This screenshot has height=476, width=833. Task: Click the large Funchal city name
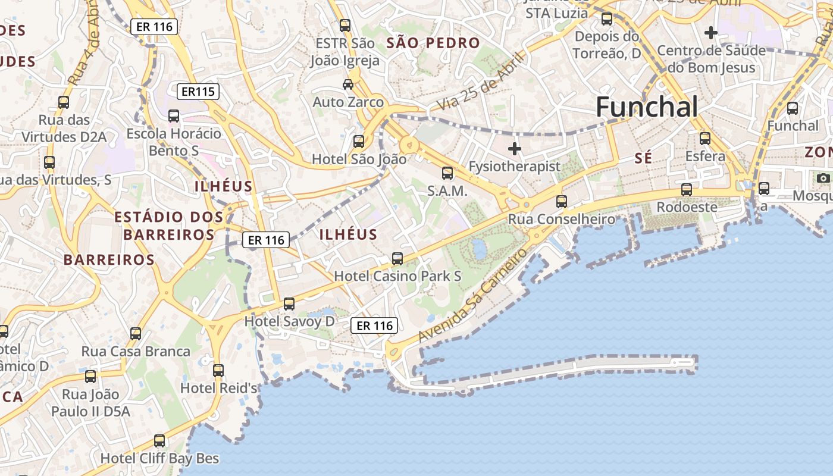pyautogui.click(x=646, y=107)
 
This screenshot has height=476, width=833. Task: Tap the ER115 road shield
pyautogui.click(x=198, y=92)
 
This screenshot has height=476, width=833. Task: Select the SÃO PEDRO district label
pyautogui.click(x=433, y=43)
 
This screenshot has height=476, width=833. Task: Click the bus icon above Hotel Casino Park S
pyautogui.click(x=397, y=259)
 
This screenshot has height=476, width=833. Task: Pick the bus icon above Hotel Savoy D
pyautogui.click(x=289, y=304)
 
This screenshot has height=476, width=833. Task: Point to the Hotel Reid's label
pyautogui.click(x=218, y=388)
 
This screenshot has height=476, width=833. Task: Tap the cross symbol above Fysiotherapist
pyautogui.click(x=515, y=148)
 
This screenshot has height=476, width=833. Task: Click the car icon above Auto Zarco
pyautogui.click(x=348, y=84)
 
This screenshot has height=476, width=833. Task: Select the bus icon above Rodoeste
pyautogui.click(x=687, y=190)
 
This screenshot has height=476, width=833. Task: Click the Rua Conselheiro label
pyautogui.click(x=561, y=220)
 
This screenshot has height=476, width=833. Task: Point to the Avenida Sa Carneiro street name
pyautogui.click(x=472, y=295)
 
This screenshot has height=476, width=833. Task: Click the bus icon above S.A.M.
pyautogui.click(x=447, y=173)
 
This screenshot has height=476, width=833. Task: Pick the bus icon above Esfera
pyautogui.click(x=705, y=139)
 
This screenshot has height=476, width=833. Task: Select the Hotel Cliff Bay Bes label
pyautogui.click(x=159, y=458)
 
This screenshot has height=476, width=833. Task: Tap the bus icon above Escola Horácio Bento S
pyautogui.click(x=174, y=116)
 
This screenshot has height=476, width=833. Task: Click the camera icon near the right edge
pyautogui.click(x=823, y=178)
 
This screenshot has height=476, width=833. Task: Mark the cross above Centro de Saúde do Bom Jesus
pyautogui.click(x=710, y=32)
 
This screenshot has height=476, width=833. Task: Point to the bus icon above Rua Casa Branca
pyautogui.click(x=136, y=334)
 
